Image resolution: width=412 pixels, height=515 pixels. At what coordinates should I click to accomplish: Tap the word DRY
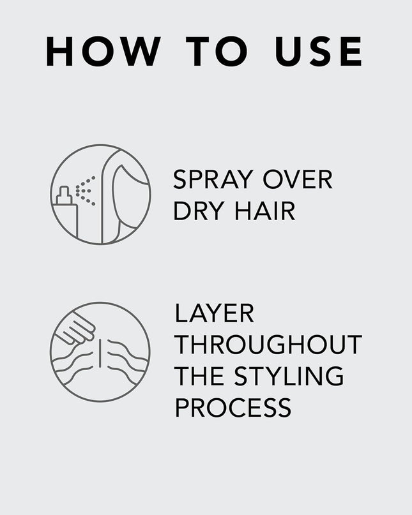pyautogui.click(x=197, y=211)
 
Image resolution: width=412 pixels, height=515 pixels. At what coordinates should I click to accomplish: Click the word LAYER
pyautogui.click(x=215, y=314)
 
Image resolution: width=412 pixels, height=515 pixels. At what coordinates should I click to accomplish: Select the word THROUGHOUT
pyautogui.click(x=268, y=345)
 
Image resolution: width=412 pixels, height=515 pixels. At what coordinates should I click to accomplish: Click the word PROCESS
pyautogui.click(x=233, y=407)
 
